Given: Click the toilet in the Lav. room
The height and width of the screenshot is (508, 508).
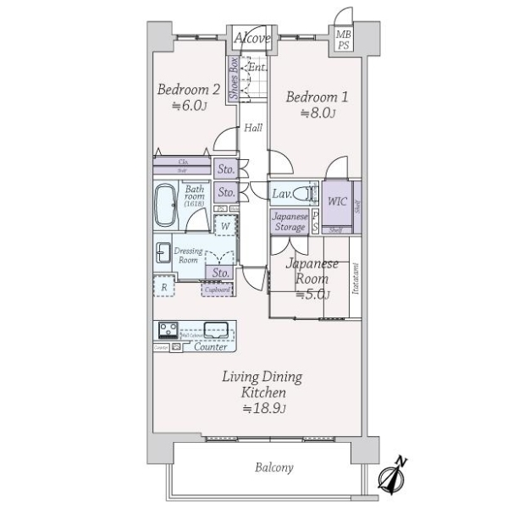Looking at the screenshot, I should point(306,193).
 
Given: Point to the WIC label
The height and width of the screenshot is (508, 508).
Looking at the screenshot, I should point(337,202).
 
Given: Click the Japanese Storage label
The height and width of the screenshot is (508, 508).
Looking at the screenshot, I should point(290,221).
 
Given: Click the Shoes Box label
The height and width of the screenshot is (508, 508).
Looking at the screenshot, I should point(233,79).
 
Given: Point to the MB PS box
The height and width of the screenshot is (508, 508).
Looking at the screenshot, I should point(343,40).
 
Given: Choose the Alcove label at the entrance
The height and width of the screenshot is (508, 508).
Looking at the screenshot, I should point(251,39).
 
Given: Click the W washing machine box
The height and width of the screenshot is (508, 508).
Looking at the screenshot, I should point(224,226).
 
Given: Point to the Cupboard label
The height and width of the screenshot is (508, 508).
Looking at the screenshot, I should point(218,290).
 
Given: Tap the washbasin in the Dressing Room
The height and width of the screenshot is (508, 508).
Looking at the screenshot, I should point(163,252).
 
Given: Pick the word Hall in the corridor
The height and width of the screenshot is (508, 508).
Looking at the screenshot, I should point(253,129).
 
